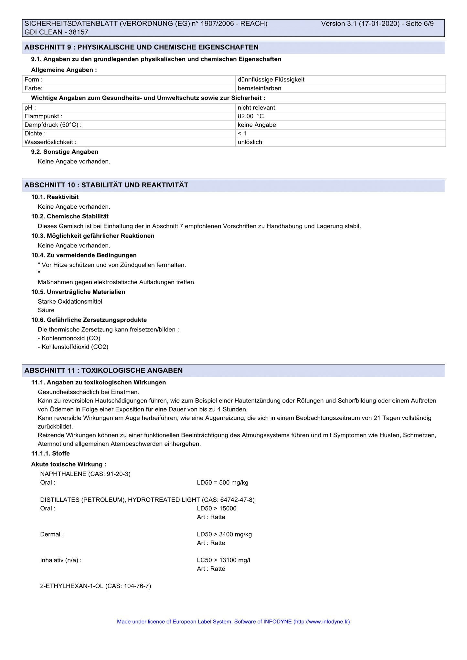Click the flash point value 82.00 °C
251,116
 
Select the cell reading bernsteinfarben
259,88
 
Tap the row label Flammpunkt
43,116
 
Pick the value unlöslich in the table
250,142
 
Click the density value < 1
242,133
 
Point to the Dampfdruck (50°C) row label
53,125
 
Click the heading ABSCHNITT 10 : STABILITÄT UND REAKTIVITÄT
106,185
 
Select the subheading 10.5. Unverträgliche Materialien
78,292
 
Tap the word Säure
46,310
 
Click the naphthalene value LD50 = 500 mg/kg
223,483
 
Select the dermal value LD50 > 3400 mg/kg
224,534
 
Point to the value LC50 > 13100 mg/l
224,560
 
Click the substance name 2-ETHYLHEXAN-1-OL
72,586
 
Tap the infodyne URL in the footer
321,622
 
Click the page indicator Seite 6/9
419,24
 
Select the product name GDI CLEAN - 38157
56,32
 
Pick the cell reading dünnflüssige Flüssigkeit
271,79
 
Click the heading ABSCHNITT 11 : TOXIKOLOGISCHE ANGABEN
103,371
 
